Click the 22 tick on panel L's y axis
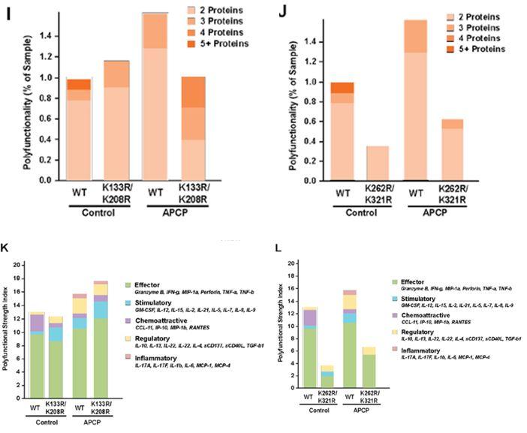pos(293,266)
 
